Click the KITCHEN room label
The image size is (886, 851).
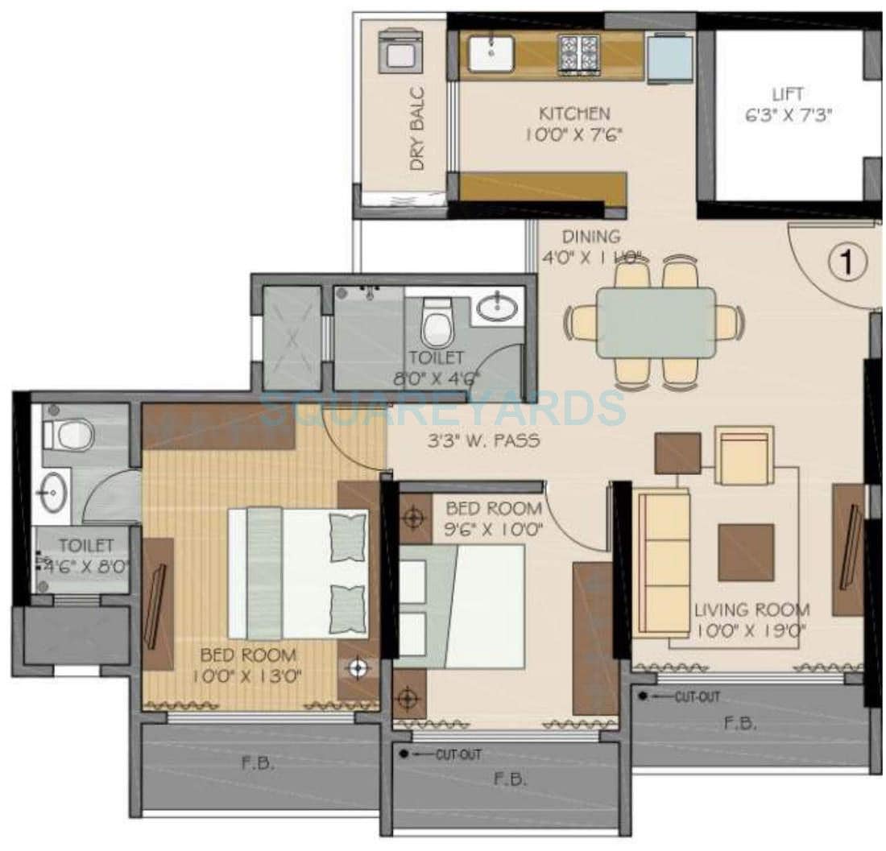coord(574,114)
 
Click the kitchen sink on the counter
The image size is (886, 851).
coord(491,53)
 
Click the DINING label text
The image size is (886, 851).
coord(592,237)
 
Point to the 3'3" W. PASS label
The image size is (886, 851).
coord(483,441)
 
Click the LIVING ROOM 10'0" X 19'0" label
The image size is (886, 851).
coord(751,620)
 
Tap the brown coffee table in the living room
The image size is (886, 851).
coord(746,552)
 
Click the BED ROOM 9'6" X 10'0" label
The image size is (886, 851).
coord(494,518)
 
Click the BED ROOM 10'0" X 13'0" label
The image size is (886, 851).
coord(248,665)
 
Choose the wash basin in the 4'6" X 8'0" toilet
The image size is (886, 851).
coord(53,491)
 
